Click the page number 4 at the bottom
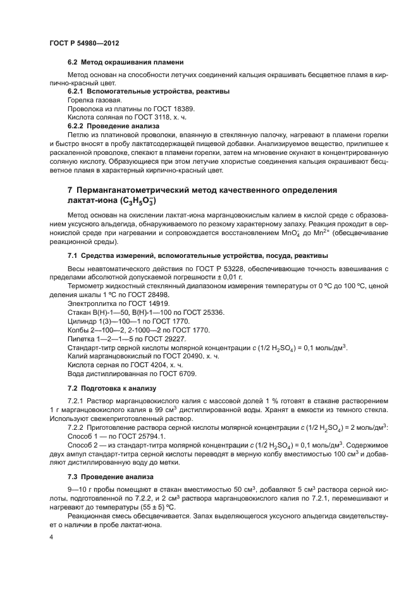pyautogui.click(x=51, y=537)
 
